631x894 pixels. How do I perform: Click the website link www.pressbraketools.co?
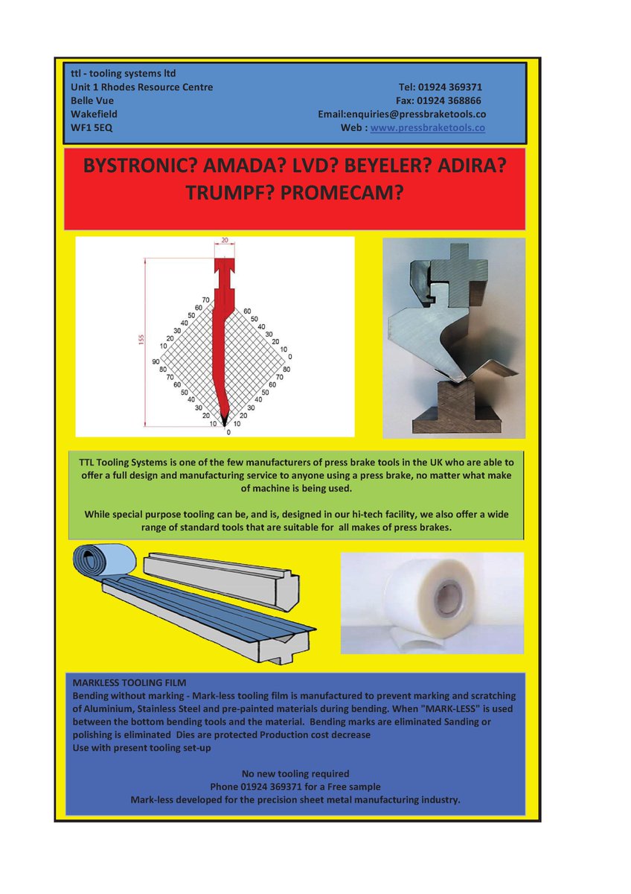(427, 128)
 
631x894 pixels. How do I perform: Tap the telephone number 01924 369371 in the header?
(450, 87)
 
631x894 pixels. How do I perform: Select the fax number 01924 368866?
(449, 101)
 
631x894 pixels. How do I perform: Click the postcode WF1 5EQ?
(92, 127)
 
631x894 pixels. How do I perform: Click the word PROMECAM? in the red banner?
(342, 193)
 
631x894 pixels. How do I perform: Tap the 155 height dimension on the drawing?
(141, 339)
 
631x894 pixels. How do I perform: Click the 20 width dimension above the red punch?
(225, 240)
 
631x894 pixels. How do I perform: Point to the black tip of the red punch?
(225, 421)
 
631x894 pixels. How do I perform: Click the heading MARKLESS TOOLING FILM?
(129, 682)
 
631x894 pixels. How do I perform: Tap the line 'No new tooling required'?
(295, 773)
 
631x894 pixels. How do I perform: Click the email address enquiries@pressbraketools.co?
(416, 114)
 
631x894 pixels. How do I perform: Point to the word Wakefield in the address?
(94, 114)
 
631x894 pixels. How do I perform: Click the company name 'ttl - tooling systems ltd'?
(124, 74)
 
